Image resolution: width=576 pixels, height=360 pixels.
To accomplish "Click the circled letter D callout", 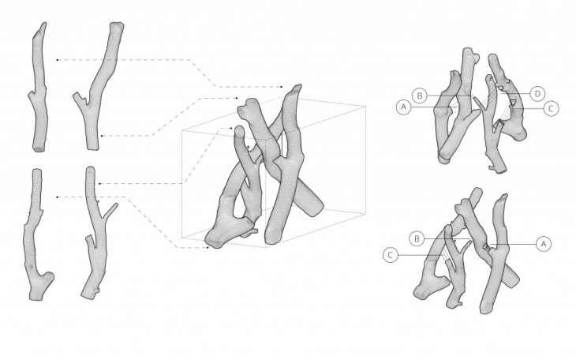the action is [537, 94].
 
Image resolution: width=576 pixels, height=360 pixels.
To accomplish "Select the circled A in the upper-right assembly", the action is [404, 107].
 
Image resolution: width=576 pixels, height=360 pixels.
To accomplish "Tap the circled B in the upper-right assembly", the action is [420, 96].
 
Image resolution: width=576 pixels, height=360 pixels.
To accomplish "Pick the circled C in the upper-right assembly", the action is [551, 108].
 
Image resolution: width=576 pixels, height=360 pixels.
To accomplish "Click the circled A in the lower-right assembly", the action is [544, 244].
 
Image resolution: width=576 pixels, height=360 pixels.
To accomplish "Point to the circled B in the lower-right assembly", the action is [417, 238].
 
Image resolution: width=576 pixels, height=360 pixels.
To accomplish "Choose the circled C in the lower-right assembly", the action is [391, 255].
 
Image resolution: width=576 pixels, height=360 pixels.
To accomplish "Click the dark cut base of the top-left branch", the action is [39, 149].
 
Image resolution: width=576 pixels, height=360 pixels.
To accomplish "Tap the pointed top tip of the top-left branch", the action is [44, 23].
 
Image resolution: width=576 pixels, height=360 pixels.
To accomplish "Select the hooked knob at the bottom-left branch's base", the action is [48, 277].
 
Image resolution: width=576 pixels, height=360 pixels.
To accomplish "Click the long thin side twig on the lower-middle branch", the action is [110, 211].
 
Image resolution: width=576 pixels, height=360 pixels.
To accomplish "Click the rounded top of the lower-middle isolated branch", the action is [90, 169].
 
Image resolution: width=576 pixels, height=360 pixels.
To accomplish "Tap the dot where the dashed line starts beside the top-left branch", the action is [57, 59].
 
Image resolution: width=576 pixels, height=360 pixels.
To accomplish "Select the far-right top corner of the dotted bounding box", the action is [365, 107].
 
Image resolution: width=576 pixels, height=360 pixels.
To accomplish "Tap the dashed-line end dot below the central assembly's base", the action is [208, 247].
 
